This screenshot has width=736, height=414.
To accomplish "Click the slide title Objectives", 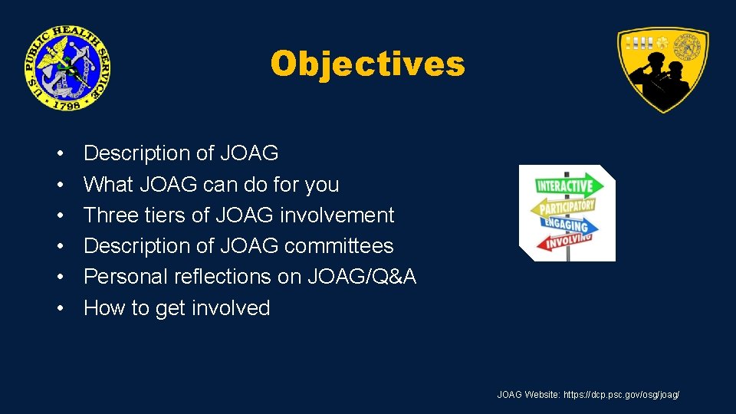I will (367, 64).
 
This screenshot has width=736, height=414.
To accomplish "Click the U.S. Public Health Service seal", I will (67, 67).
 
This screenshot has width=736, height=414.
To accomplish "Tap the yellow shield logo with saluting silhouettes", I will (663, 70).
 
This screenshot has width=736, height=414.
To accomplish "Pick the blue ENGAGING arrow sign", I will (563, 225).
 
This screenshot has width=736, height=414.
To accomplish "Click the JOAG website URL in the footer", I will (621, 395).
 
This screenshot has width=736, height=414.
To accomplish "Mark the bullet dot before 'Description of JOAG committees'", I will (59, 247).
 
